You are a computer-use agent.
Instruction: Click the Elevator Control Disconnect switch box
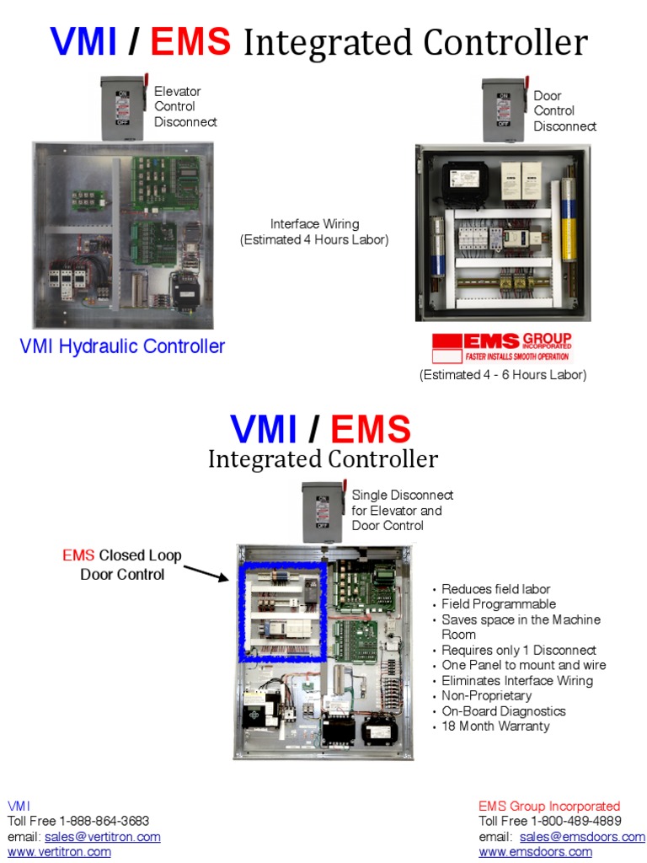[124, 107]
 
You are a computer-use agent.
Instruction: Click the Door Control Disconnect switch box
[505, 110]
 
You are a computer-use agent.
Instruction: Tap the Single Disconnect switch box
[324, 512]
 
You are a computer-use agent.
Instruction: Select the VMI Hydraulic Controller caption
[122, 346]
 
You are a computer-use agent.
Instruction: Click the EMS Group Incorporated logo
[502, 346]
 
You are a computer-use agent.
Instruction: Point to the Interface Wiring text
[314, 232]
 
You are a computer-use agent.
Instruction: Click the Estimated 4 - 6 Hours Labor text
[503, 375]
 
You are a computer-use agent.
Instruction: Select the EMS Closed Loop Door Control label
[122, 565]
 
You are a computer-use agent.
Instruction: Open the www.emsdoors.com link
[535, 852]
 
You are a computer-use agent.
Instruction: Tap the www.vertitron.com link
[59, 852]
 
